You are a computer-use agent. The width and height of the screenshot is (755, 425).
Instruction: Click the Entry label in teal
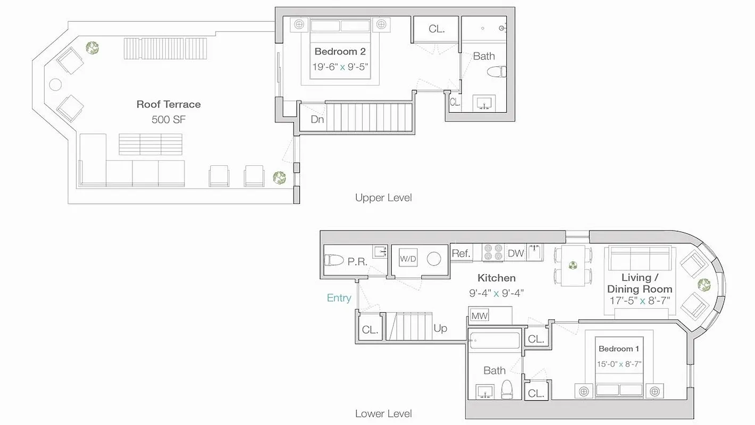339,298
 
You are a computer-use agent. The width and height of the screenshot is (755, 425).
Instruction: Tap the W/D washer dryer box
407,259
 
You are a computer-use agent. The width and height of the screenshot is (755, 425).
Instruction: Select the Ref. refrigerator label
461,253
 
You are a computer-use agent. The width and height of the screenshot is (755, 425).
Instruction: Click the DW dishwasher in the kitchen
515,253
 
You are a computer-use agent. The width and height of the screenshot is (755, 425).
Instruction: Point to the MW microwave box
479,316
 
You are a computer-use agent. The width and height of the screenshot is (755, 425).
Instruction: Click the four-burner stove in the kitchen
492,252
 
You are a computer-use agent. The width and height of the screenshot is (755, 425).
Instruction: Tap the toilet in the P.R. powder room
334,260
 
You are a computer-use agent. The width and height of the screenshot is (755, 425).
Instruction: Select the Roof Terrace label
169,104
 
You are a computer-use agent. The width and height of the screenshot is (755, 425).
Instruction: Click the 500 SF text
169,120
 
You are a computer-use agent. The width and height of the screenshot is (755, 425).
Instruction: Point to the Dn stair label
317,120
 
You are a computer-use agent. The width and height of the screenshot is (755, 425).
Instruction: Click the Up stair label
440,328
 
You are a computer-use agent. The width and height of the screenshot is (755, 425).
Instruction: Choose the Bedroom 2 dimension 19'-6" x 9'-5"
341,67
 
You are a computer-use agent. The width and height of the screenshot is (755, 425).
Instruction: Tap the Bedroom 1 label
619,349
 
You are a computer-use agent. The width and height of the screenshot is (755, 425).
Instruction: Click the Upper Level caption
383,198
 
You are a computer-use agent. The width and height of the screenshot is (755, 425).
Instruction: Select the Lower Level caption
383,413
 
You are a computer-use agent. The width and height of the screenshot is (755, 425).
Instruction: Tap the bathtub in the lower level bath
494,340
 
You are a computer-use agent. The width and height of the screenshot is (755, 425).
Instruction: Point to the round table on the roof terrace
56,84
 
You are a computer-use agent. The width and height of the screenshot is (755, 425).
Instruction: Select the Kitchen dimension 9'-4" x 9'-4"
496,293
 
